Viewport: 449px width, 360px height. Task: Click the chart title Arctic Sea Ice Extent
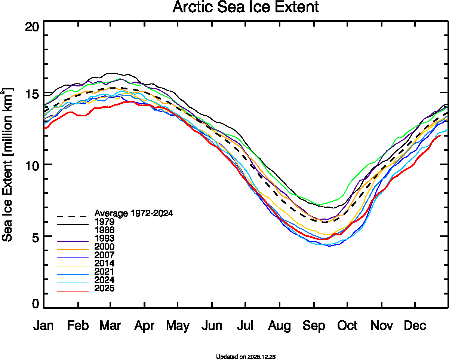(246, 7)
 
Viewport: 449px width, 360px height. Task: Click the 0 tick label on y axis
(36, 304)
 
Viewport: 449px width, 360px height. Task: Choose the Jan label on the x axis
(43, 326)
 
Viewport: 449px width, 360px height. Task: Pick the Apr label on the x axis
(144, 326)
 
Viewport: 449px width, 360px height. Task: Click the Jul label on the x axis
(245, 326)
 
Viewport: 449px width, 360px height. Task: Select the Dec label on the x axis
(415, 326)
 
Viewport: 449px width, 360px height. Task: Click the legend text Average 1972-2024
(134, 213)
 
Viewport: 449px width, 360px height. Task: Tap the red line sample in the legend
(73, 291)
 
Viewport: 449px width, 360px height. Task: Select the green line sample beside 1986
(73, 232)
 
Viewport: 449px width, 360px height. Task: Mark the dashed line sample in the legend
(73, 216)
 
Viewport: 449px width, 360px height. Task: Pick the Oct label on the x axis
(347, 326)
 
